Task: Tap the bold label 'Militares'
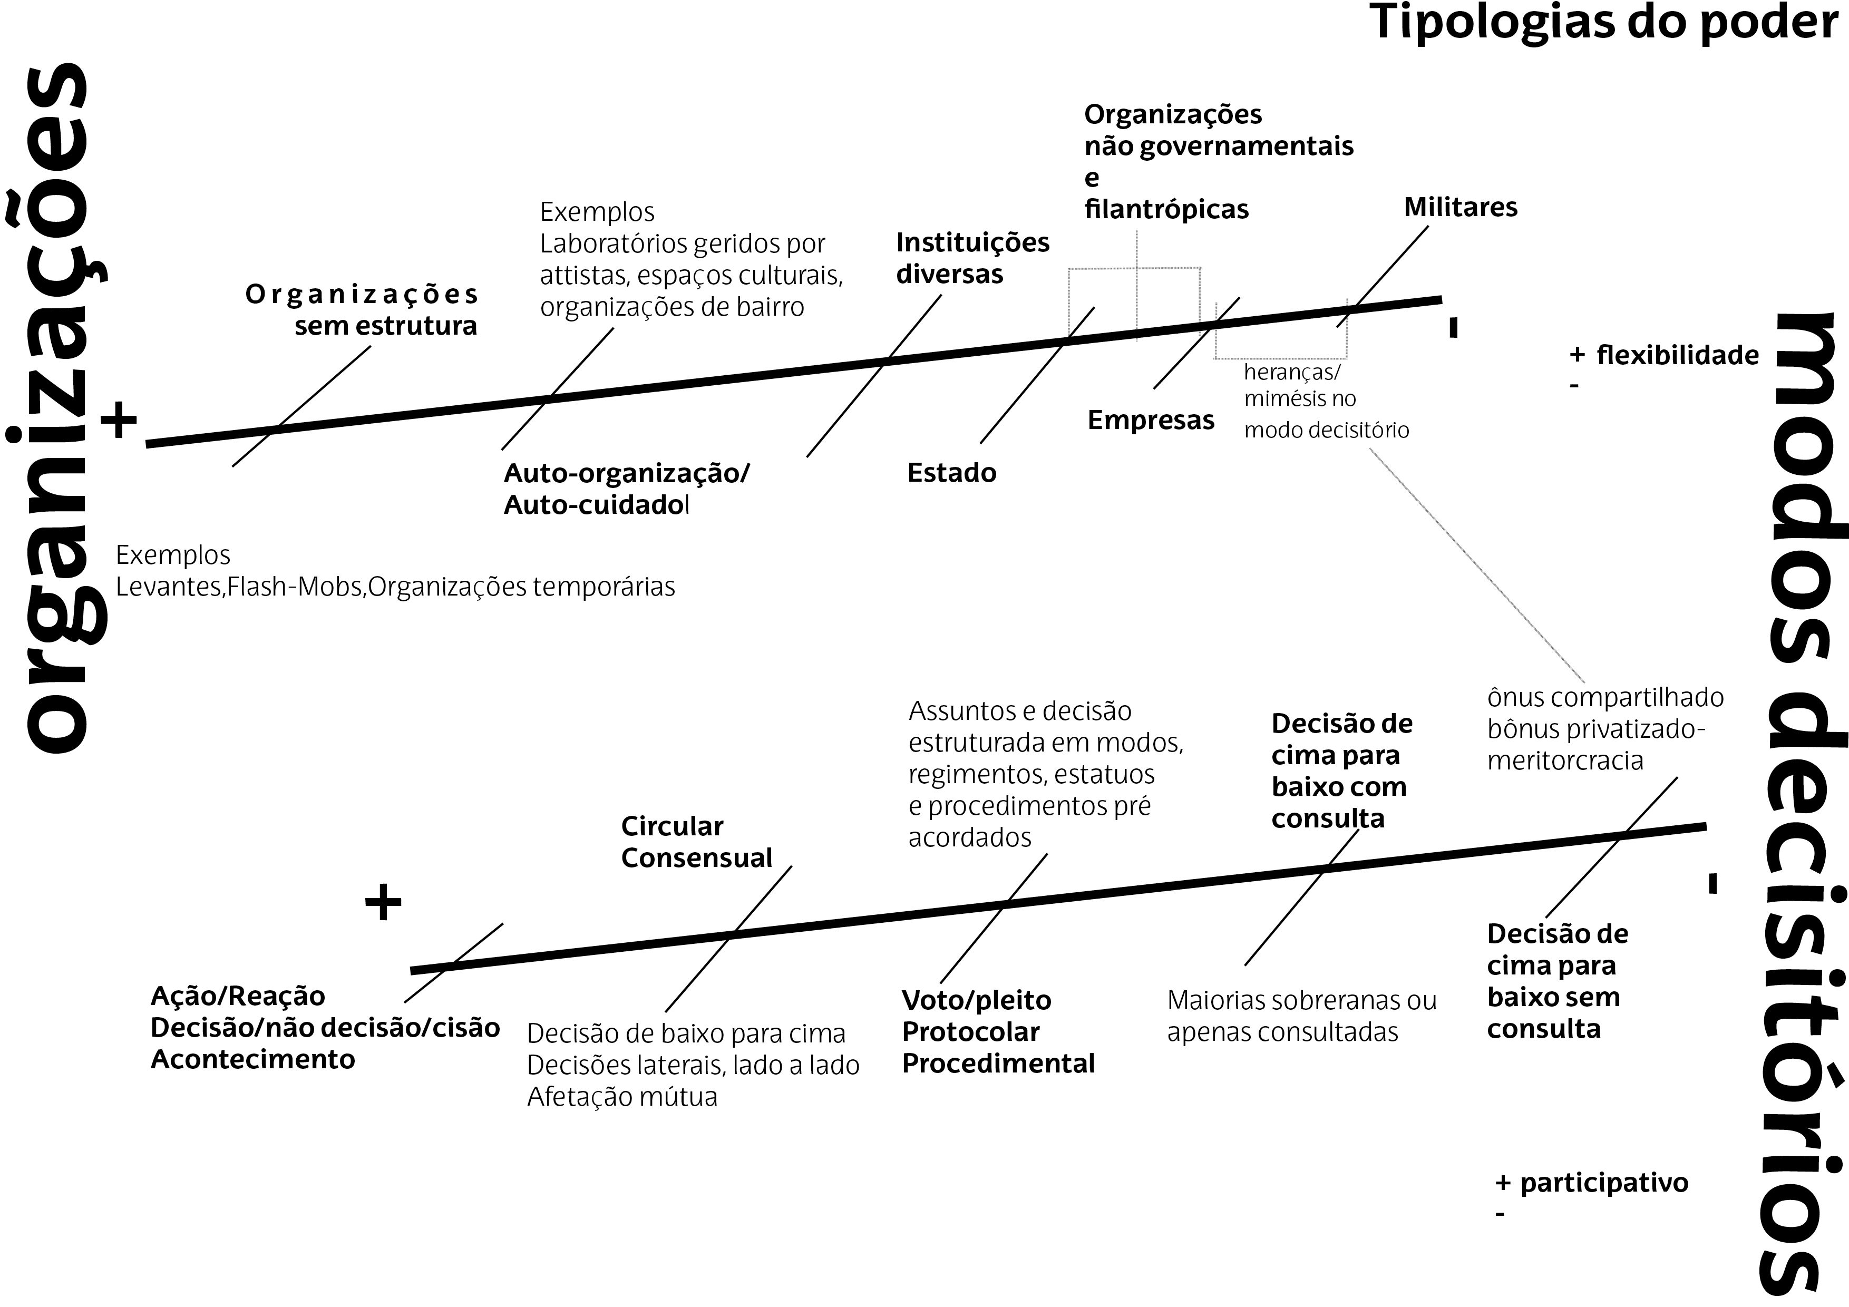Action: (x=1460, y=208)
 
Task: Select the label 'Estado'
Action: (x=951, y=473)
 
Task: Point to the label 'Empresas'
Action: (x=1150, y=421)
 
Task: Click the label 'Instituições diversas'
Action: (x=972, y=258)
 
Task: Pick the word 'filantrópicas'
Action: (x=1165, y=209)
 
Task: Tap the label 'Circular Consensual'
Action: (x=696, y=842)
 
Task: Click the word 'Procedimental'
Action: (x=998, y=1064)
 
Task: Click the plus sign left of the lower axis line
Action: (x=383, y=903)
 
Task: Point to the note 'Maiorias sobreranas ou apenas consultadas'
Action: (x=1301, y=1016)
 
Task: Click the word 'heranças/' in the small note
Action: (x=1292, y=372)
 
